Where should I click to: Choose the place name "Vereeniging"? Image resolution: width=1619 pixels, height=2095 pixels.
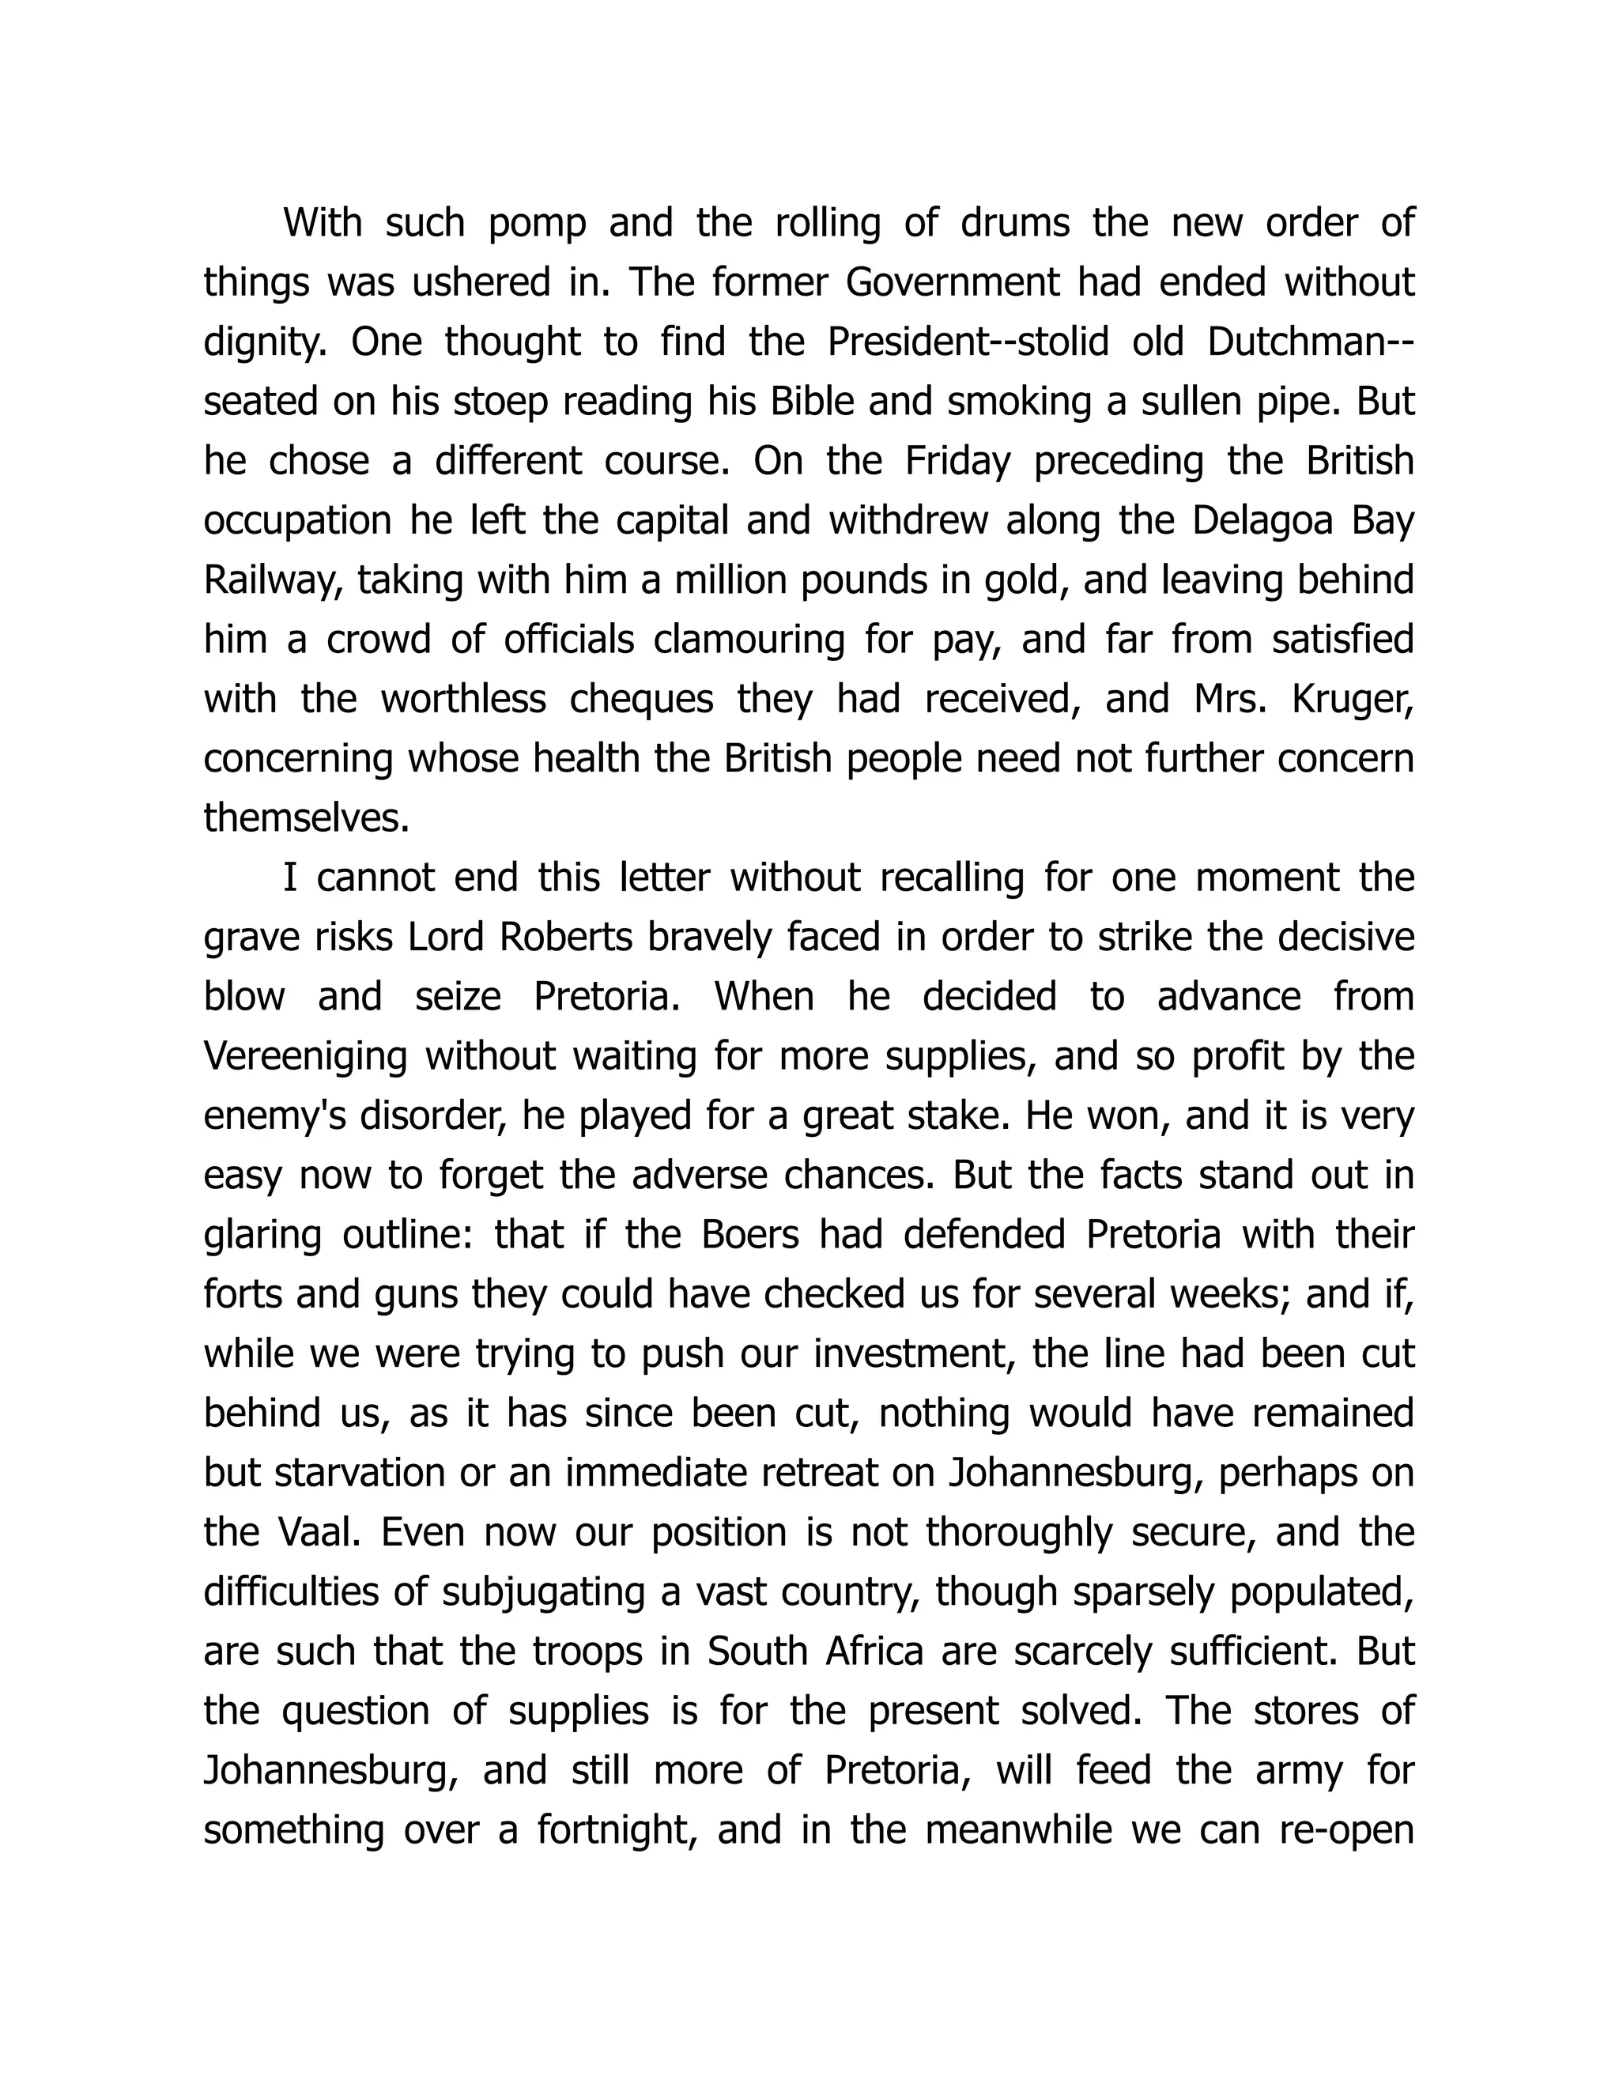[x=306, y=1057]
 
